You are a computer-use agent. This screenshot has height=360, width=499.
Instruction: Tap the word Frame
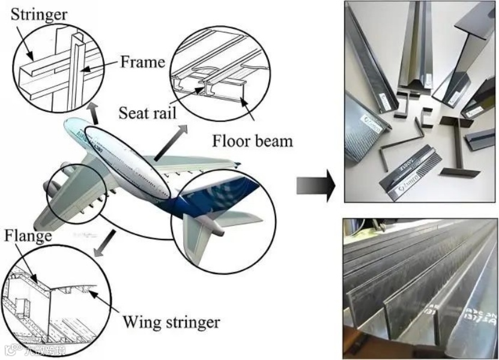142,62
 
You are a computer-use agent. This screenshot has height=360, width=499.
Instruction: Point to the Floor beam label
253,142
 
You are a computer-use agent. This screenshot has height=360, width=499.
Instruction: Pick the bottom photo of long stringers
420,288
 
